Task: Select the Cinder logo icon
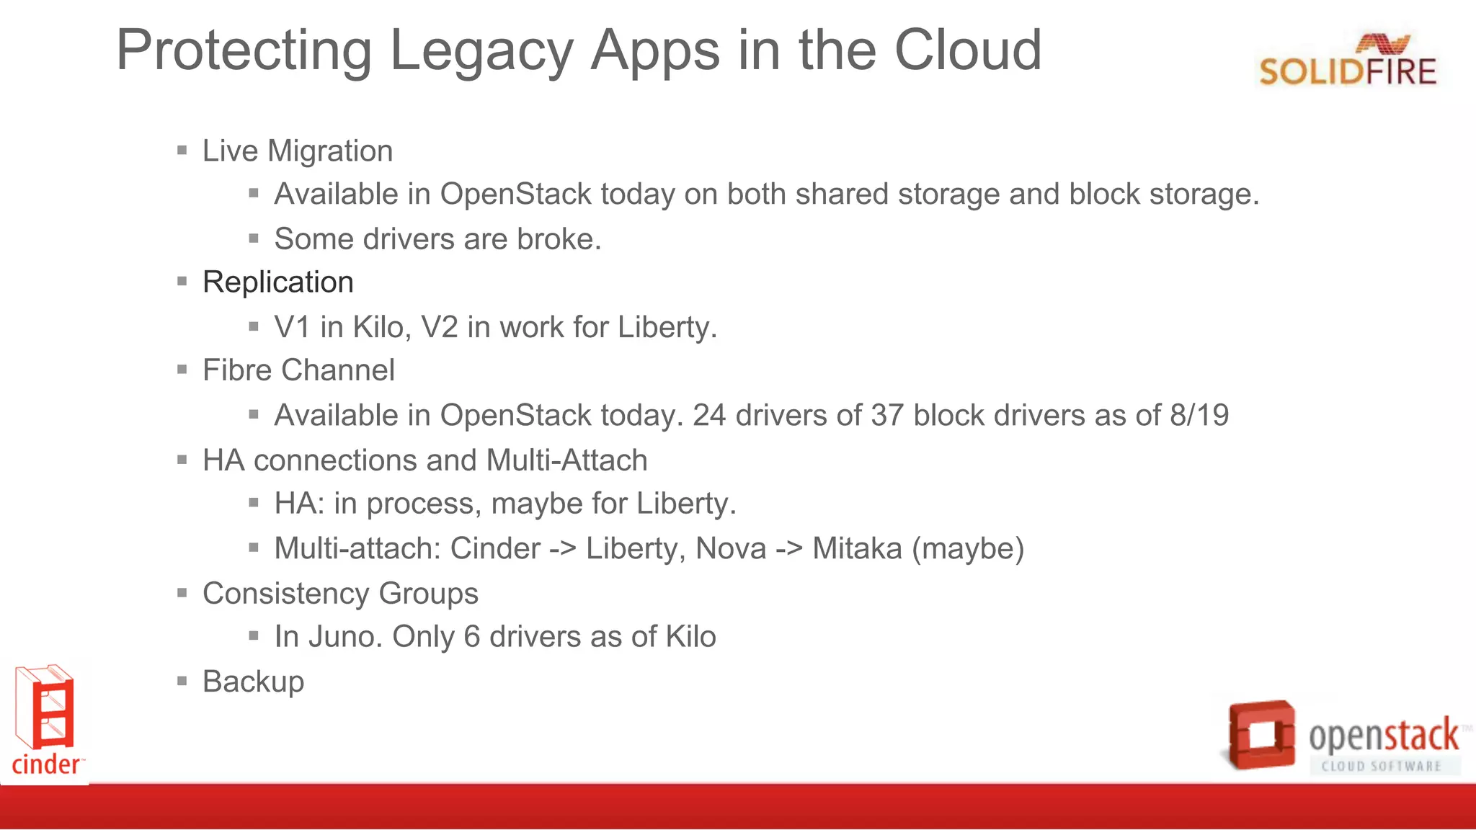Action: tap(45, 710)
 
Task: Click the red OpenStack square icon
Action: tap(1262, 734)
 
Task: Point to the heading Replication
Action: tap(277, 282)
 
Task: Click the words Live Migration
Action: tap(297, 151)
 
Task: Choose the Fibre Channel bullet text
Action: tap(298, 370)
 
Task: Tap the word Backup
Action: tap(253, 682)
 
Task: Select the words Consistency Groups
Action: tap(340, 594)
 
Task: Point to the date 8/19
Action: tap(1199, 416)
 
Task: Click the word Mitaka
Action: tap(857, 549)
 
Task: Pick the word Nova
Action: tap(730, 549)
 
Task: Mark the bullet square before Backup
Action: tap(182, 681)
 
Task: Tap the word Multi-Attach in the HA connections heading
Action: tap(566, 460)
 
